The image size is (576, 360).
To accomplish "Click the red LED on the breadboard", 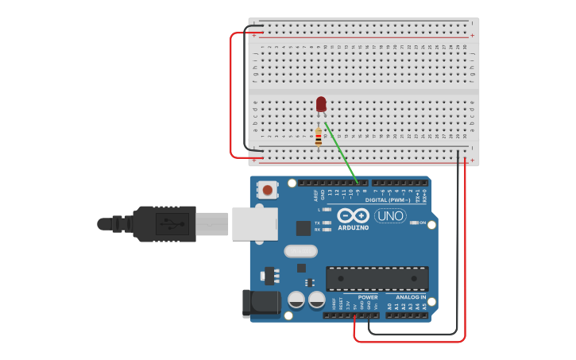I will coord(321,104).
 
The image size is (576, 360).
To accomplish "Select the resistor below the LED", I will coord(319,137).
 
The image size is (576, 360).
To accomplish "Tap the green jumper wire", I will coord(339,151).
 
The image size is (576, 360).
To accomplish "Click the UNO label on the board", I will coord(390,215).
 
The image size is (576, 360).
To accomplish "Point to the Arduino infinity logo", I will coord(352,215).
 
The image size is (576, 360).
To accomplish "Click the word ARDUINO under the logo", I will coord(353,228).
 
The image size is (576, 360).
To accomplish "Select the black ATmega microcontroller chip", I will coord(377,279).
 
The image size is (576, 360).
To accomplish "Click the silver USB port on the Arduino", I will coord(254,223).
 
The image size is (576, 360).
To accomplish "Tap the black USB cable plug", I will coord(163,223).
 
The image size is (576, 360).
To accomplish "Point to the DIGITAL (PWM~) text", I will coord(388,200).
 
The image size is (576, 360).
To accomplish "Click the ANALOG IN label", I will coord(411,297).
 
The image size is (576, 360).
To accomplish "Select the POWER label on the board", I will coord(368,297).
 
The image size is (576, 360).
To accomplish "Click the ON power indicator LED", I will coord(414,223).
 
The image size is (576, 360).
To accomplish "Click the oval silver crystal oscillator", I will coord(300,251).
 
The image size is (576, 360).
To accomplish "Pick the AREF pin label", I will coord(302,193).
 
